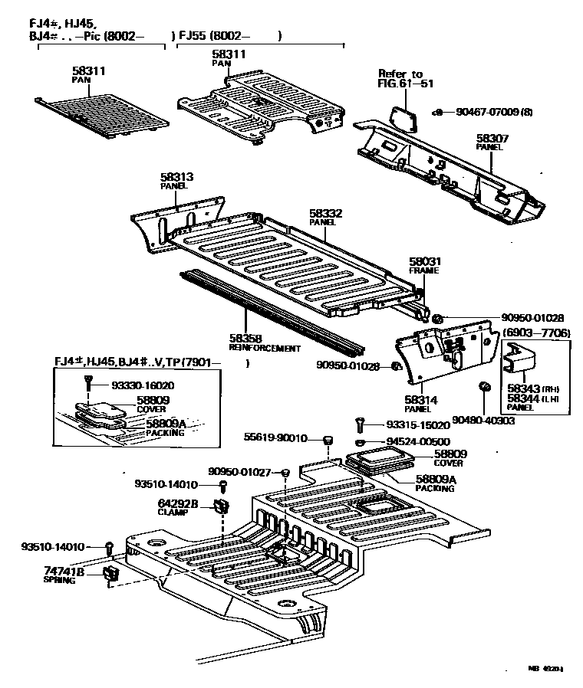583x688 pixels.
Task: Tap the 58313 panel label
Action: click(176, 176)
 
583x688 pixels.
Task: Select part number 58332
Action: click(325, 213)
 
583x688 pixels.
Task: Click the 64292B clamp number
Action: click(178, 503)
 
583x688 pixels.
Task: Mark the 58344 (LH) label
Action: click(525, 398)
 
